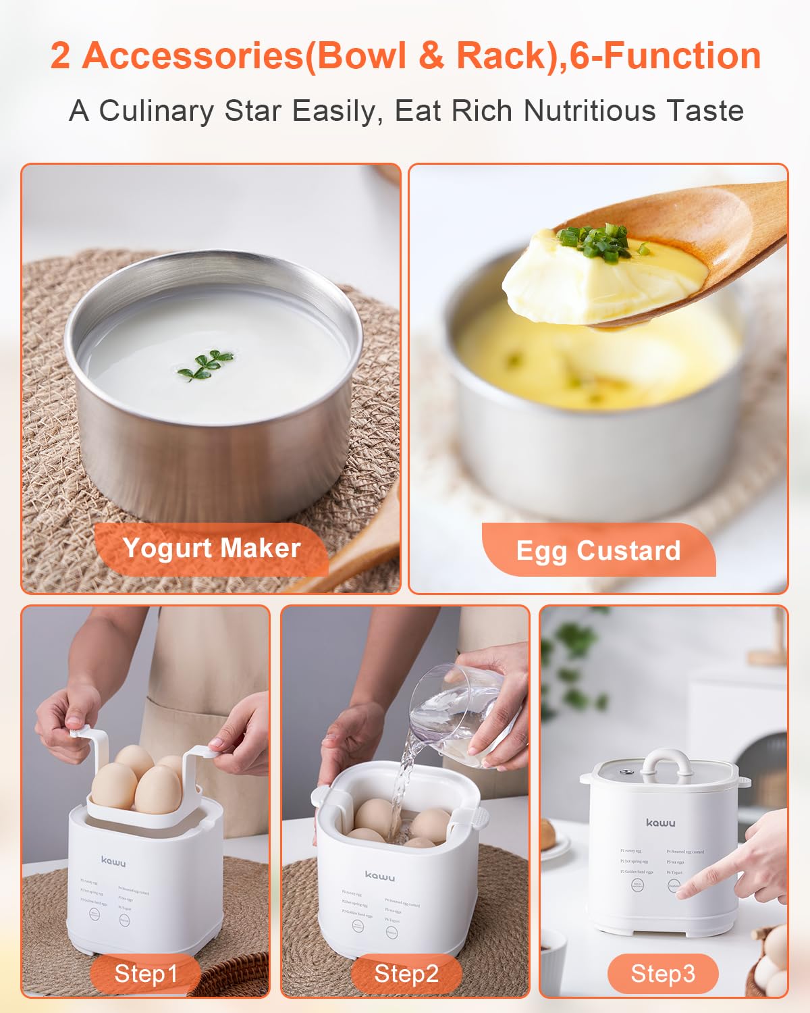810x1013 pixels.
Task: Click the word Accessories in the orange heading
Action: tap(192, 55)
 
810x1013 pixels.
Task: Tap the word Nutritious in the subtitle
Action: tap(590, 110)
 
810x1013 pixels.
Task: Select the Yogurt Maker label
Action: tap(211, 548)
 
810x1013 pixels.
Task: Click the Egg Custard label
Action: tap(598, 550)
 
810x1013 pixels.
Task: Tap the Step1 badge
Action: tap(145, 974)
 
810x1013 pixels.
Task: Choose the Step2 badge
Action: tap(406, 974)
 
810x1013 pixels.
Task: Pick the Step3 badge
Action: tap(662, 974)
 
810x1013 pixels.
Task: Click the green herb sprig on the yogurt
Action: tap(205, 364)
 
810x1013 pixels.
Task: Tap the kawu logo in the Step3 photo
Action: tap(660, 823)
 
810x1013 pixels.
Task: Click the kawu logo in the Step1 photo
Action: tap(113, 861)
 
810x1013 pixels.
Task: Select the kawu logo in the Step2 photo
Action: tap(380, 876)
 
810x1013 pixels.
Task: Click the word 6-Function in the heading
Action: tap(666, 55)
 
